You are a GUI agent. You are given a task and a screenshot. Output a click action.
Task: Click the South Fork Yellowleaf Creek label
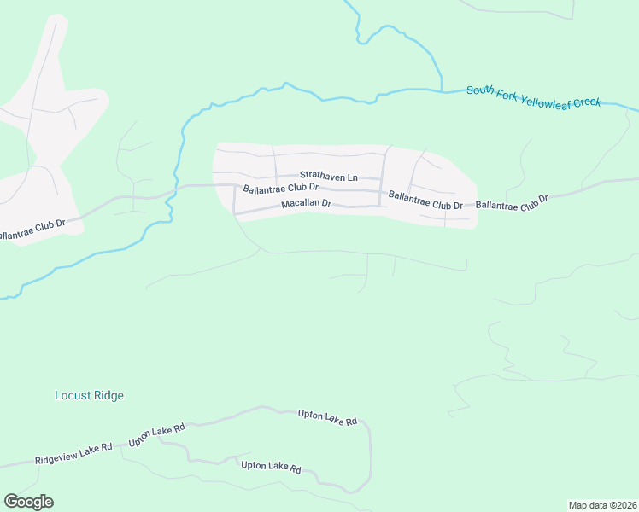tap(534, 96)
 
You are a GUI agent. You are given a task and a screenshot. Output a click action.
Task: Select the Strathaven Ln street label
tap(328, 177)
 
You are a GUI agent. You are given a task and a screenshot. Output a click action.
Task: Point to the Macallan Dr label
tap(305, 205)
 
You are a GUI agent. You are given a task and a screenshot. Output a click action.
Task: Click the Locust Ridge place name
tap(89, 395)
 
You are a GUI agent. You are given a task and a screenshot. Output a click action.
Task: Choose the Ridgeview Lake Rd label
tap(73, 453)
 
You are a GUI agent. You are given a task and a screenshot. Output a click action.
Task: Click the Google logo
tap(28, 502)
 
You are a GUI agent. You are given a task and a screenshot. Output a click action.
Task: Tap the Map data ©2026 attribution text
tap(602, 505)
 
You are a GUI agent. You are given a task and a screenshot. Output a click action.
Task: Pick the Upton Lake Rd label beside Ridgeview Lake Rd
tap(156, 435)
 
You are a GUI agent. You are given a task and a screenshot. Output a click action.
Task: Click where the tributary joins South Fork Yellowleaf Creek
tap(441, 89)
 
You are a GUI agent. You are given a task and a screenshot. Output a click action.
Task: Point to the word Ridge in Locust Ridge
tap(108, 395)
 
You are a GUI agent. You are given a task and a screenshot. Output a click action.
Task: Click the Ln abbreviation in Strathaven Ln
tap(352, 177)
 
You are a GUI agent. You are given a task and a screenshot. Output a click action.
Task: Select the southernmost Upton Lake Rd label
tap(271, 467)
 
